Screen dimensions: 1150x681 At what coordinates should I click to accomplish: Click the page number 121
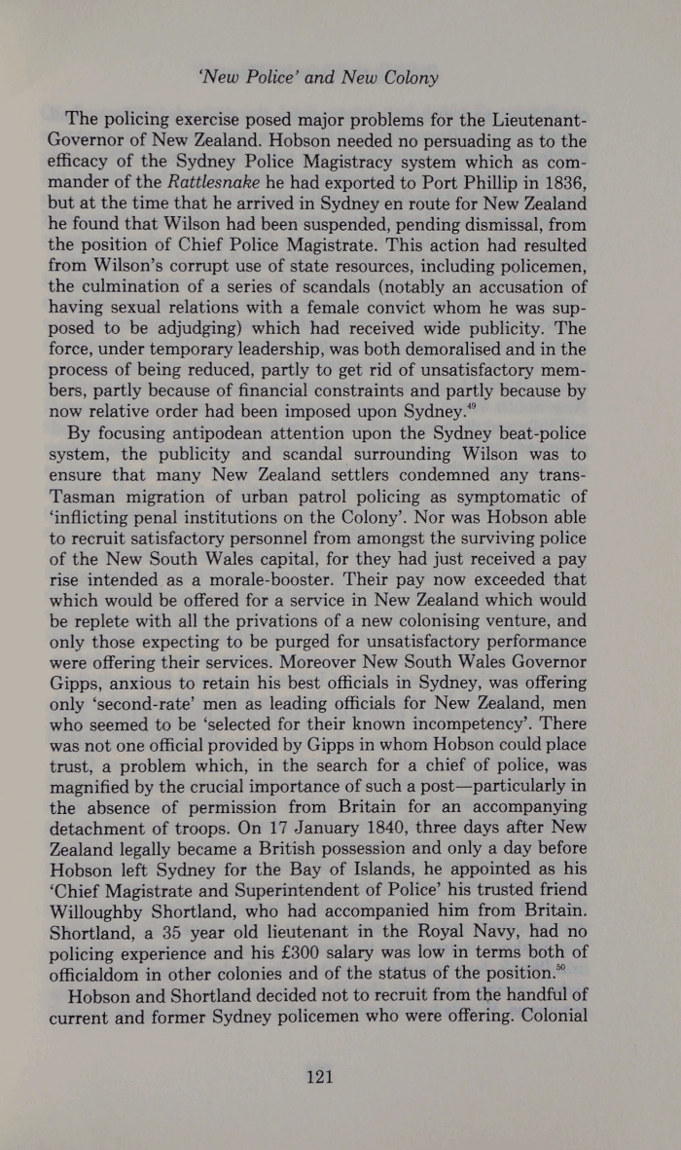tap(320, 1076)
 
